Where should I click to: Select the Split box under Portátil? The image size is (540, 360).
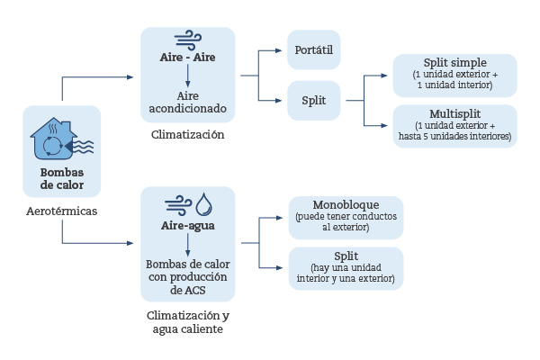click(314, 100)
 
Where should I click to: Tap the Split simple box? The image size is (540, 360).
click(454, 75)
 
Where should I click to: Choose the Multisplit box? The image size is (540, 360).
click(454, 125)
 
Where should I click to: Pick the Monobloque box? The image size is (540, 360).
click(346, 217)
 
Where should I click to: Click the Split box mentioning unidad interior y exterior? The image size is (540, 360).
click(346, 267)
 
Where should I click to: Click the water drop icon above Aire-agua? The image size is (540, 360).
click(203, 204)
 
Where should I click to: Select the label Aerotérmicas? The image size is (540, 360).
click(62, 211)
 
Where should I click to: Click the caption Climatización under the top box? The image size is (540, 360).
click(188, 135)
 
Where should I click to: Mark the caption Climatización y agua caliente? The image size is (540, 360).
click(188, 322)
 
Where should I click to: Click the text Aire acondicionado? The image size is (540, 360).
click(188, 102)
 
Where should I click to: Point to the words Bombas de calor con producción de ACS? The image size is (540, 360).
click(188, 277)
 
